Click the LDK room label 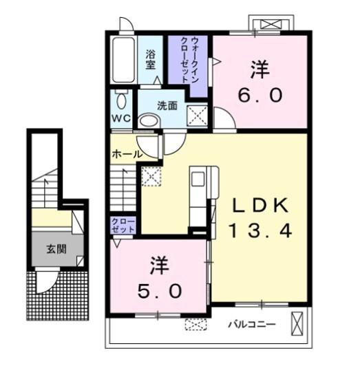[x=261, y=206]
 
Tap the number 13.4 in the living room [x=261, y=230]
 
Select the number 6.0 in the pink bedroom [x=260, y=95]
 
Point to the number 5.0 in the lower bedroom [x=160, y=291]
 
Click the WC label [x=121, y=118]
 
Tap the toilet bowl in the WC [x=121, y=100]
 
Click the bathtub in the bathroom [x=123, y=60]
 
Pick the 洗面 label [x=167, y=106]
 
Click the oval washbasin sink [x=149, y=120]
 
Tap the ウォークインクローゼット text [x=189, y=60]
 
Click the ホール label [x=127, y=154]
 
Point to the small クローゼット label [x=123, y=226]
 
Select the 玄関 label [x=56, y=249]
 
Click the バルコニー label [x=252, y=325]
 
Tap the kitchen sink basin [x=198, y=179]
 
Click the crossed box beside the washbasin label [x=198, y=116]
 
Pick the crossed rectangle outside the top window [x=271, y=24]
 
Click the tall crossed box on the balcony [x=297, y=324]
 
